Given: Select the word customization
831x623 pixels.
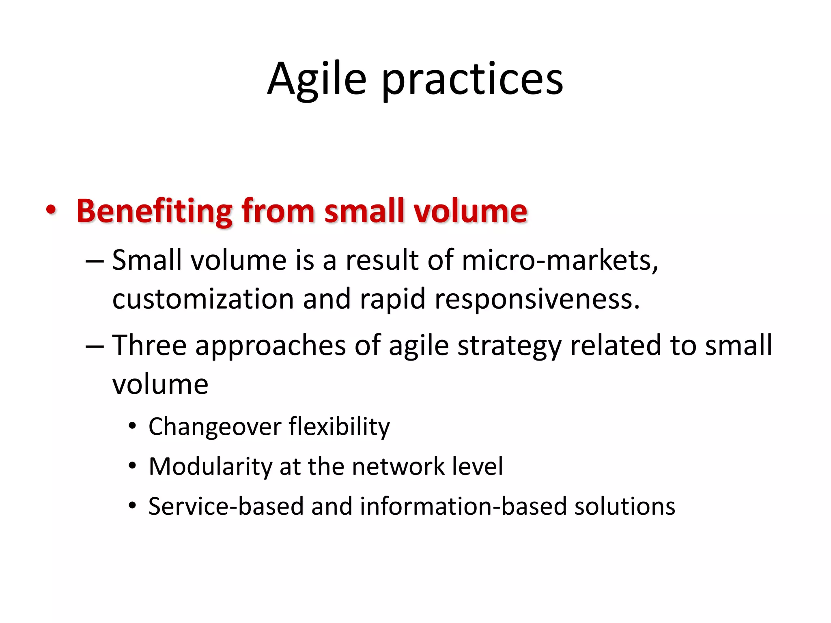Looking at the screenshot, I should (203, 299).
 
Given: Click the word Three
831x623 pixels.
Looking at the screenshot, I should (149, 345).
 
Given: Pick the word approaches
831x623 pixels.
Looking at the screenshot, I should (271, 346).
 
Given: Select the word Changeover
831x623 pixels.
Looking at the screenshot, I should (215, 427).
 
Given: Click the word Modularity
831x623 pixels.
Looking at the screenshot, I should (210, 466).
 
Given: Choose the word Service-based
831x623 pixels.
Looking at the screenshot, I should (226, 506).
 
